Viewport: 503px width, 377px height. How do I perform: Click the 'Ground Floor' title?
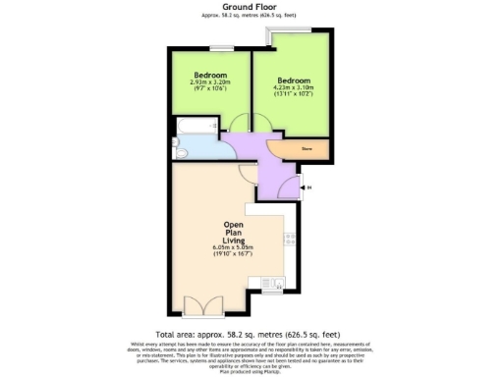[251, 6]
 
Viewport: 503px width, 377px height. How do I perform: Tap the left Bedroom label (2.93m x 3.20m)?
[209, 76]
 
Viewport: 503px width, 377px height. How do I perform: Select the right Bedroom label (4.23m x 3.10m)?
[293, 81]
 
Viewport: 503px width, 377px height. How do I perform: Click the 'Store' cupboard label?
[307, 148]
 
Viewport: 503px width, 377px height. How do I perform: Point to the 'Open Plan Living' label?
[233, 231]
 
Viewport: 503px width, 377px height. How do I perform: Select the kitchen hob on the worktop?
[290, 239]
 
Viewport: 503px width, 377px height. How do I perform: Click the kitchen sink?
[271, 284]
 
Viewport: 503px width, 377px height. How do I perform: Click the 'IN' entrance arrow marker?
[309, 187]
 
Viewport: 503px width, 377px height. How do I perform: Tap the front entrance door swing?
[287, 184]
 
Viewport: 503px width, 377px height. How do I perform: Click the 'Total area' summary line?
[251, 333]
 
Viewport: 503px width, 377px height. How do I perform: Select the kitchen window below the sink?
[271, 292]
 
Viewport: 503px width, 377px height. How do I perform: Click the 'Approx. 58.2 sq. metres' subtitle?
[251, 17]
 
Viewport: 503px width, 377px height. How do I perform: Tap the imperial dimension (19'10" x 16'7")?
[233, 254]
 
